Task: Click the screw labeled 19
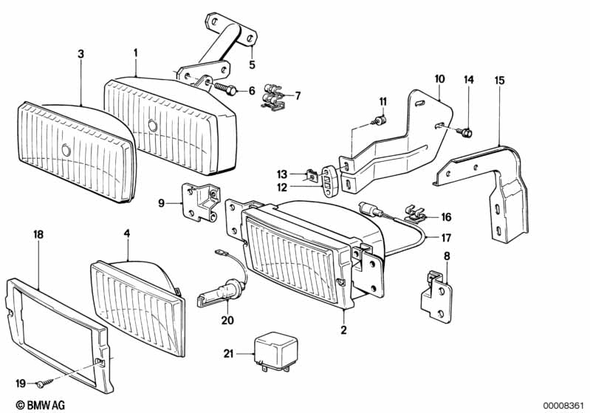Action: coord(46,380)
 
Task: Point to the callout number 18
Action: coord(39,234)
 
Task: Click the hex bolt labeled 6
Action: coord(226,90)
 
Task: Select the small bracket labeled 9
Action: coord(199,203)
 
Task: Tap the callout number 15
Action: coord(500,80)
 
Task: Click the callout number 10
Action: coord(439,78)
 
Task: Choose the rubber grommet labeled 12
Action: coord(327,180)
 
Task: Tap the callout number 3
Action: coord(81,55)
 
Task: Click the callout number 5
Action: coord(251,64)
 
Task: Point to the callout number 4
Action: coord(127,233)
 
